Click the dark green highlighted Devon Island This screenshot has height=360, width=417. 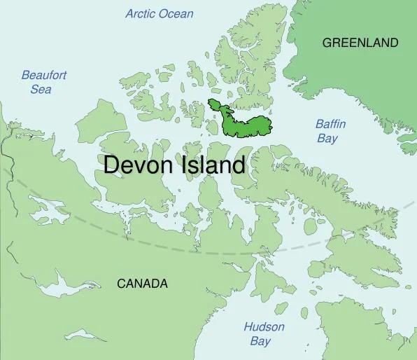[x=248, y=125]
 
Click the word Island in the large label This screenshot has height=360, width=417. [x=213, y=165]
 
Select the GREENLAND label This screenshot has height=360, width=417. [x=360, y=43]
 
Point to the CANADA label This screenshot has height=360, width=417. [x=142, y=284]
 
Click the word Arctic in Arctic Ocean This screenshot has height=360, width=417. [x=141, y=13]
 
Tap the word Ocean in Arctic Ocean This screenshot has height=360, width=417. [x=176, y=13]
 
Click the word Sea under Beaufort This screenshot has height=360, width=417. [x=41, y=89]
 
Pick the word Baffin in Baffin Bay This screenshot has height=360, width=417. [x=330, y=125]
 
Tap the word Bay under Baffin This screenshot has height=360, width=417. [x=327, y=138]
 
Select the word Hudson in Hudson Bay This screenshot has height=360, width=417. [x=264, y=327]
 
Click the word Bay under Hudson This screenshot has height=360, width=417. [x=260, y=341]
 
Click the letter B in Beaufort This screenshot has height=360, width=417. [x=25, y=76]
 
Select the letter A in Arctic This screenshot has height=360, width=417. [x=129, y=13]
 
